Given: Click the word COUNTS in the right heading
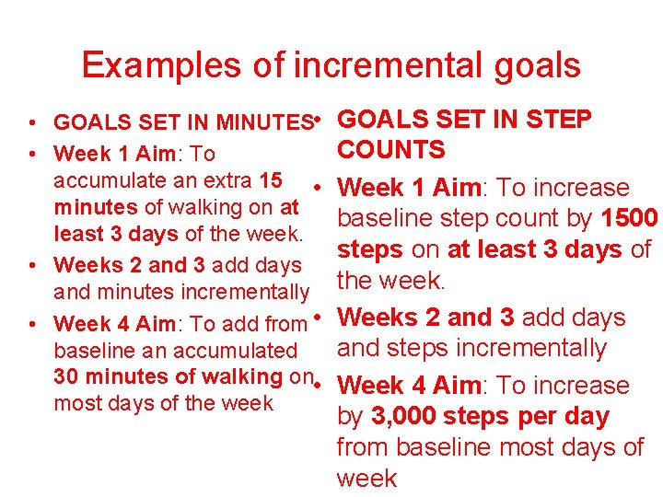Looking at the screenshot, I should click(391, 150).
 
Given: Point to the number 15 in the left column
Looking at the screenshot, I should click(271, 179).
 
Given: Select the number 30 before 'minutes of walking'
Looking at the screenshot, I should click(65, 376).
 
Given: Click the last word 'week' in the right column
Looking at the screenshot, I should click(366, 478).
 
